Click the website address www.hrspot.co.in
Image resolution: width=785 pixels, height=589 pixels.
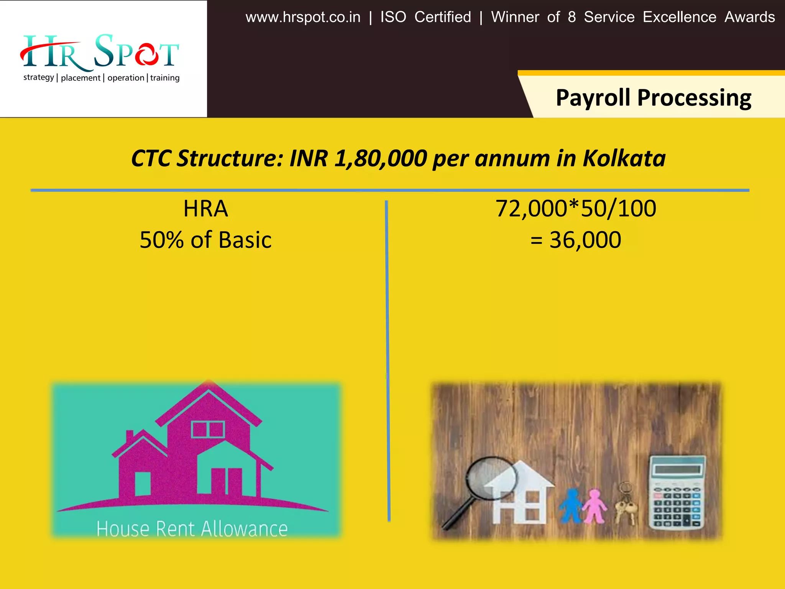pyautogui.click(x=303, y=17)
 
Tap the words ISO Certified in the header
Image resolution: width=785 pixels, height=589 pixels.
pyautogui.click(x=425, y=17)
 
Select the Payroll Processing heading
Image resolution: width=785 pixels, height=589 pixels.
pyautogui.click(x=654, y=98)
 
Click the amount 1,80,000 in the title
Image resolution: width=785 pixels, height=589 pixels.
pyautogui.click(x=381, y=158)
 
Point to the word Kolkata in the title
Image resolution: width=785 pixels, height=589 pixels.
pyautogui.click(x=624, y=158)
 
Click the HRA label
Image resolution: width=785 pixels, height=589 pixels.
pyautogui.click(x=205, y=209)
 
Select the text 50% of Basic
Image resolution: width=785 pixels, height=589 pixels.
pyautogui.click(x=205, y=240)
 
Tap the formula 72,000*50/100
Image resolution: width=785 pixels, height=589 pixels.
pyautogui.click(x=576, y=209)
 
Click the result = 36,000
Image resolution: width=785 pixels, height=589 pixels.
pyautogui.click(x=576, y=240)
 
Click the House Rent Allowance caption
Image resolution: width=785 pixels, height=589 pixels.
pyautogui.click(x=192, y=529)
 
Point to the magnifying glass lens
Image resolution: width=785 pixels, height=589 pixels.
pyautogui.click(x=492, y=478)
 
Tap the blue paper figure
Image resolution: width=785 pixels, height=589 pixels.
pyautogui.click(x=571, y=505)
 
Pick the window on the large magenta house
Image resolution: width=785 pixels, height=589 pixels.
pyautogui.click(x=208, y=429)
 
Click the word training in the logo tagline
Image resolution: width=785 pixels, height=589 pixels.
pyautogui.click(x=165, y=78)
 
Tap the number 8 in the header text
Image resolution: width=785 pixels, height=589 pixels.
pyautogui.click(x=572, y=17)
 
